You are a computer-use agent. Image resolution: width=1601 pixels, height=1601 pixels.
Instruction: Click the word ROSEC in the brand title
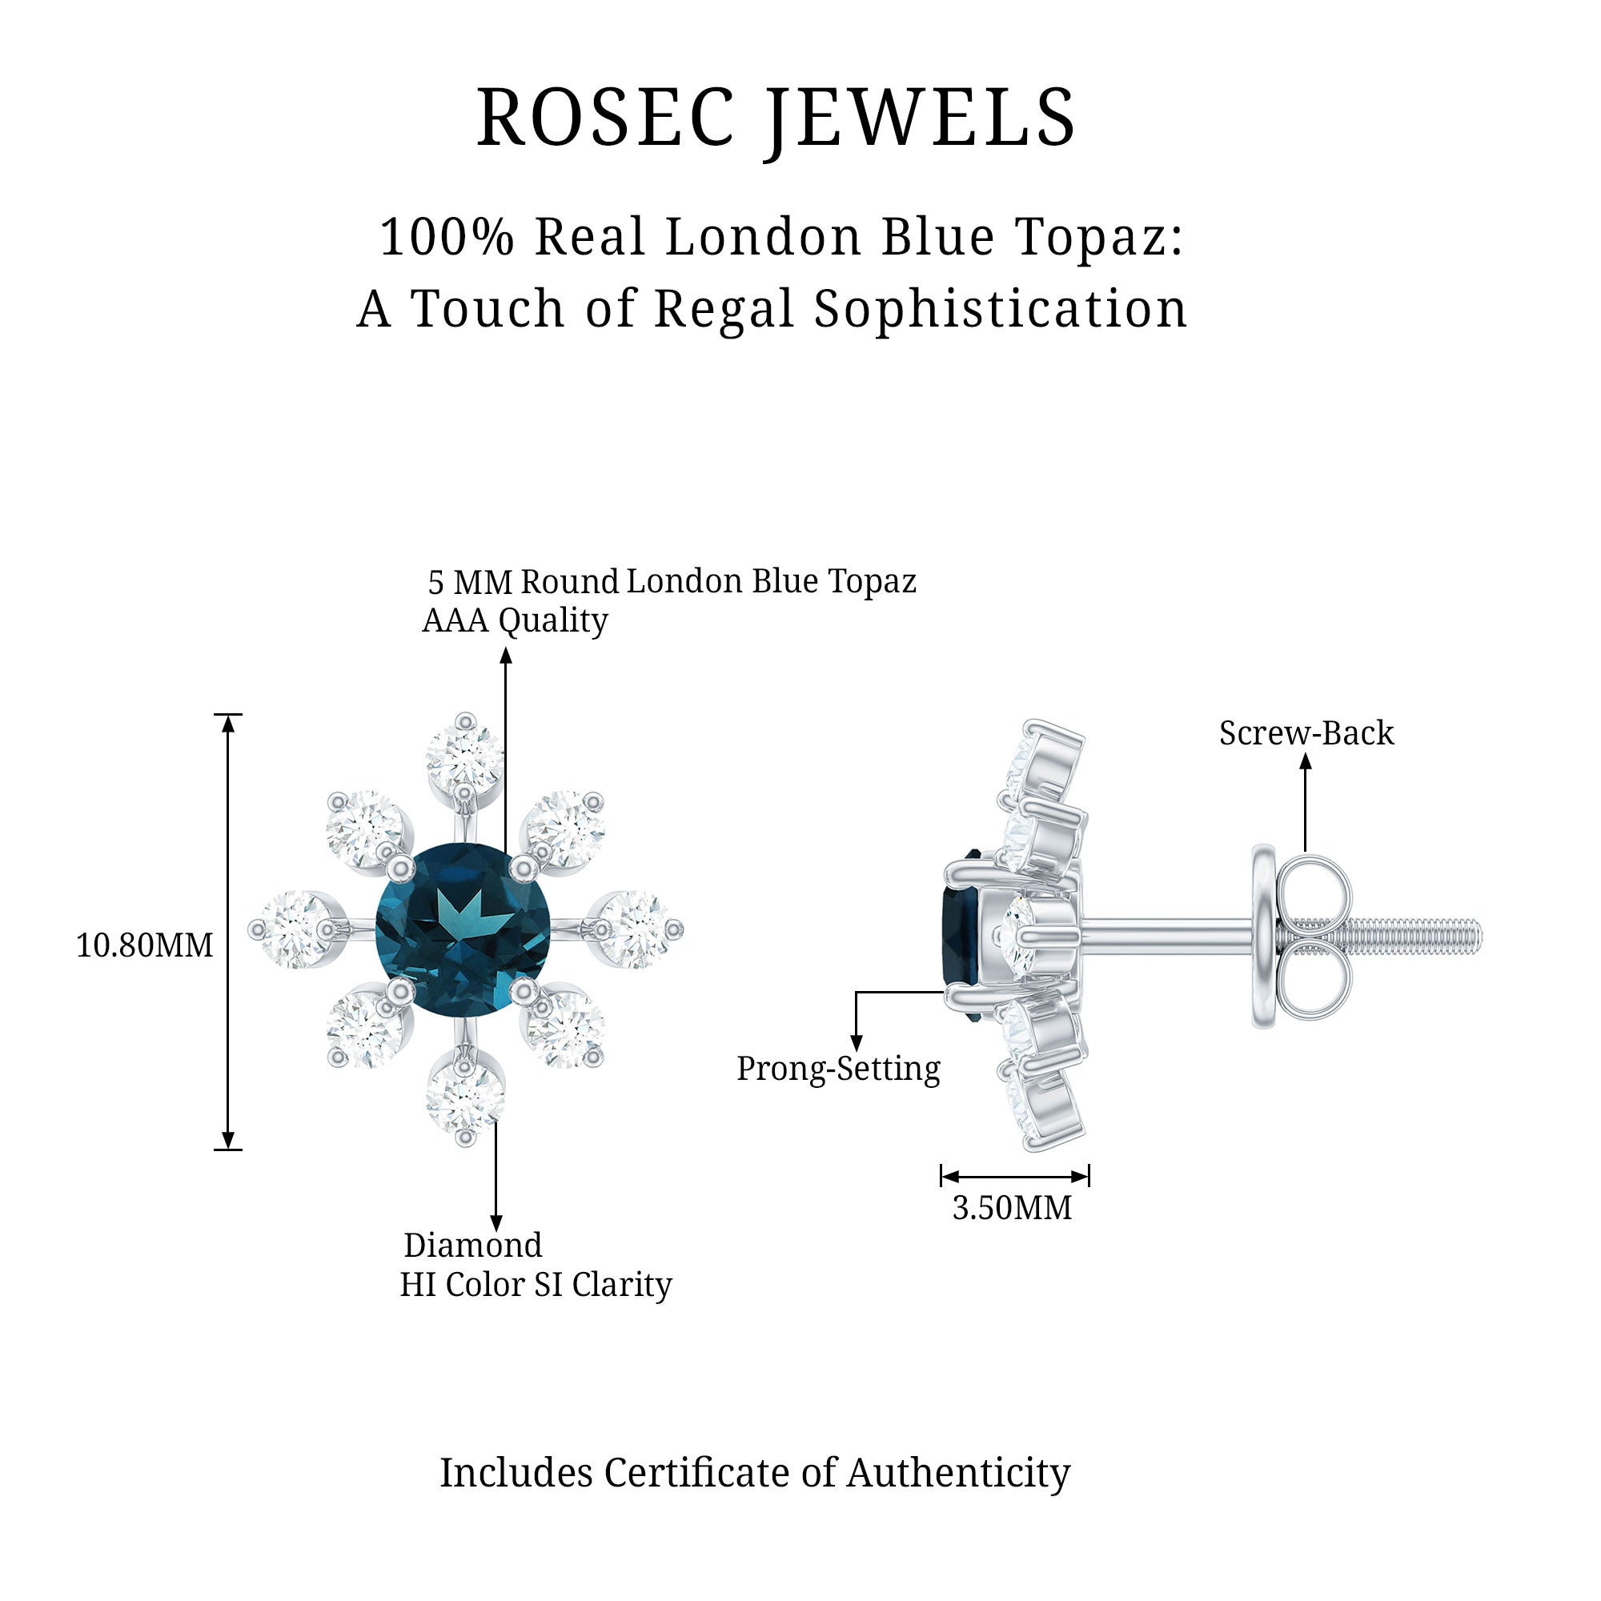(x=606, y=118)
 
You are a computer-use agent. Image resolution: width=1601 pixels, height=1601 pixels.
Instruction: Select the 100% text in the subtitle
(x=447, y=237)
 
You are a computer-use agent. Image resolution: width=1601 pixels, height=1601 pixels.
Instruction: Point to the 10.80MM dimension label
(x=144, y=945)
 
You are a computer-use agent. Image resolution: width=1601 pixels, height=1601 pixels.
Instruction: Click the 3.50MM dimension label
(x=1012, y=1208)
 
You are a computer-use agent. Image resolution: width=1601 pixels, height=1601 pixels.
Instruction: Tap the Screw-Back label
(x=1306, y=733)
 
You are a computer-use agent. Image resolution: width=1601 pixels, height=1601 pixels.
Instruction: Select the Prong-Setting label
(x=839, y=1069)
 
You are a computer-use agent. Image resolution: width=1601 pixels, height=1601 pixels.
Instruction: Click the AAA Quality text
(x=515, y=620)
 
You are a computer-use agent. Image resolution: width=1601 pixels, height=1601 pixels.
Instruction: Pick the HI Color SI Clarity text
(x=536, y=1286)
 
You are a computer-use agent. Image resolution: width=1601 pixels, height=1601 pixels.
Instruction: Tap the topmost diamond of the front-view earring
(x=465, y=756)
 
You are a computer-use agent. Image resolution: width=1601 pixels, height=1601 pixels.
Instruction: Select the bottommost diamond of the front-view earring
(x=465, y=1098)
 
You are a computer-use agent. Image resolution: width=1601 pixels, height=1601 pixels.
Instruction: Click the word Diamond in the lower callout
(x=473, y=1246)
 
